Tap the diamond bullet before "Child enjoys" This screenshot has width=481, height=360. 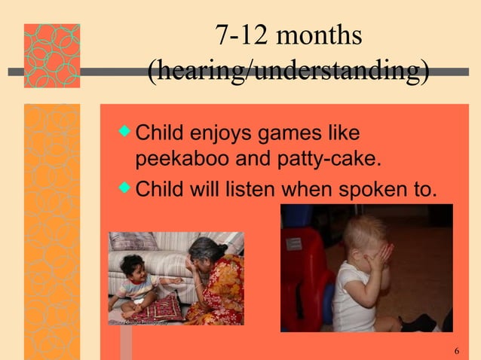click(x=125, y=135)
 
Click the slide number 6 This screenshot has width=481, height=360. click(x=457, y=351)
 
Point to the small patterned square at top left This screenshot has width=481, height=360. click(x=51, y=55)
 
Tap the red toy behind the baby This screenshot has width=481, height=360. click(x=305, y=264)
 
